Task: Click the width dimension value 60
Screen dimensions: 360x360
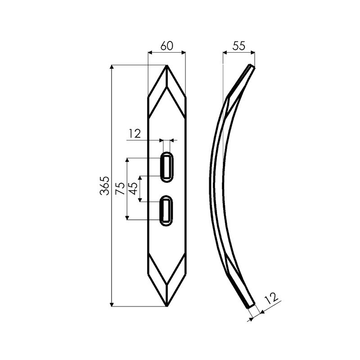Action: click(x=166, y=46)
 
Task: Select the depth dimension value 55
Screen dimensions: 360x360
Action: click(x=239, y=46)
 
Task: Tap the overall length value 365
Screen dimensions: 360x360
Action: click(x=104, y=185)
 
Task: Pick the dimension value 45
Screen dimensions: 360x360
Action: click(x=133, y=189)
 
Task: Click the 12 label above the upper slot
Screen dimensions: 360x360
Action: click(x=135, y=133)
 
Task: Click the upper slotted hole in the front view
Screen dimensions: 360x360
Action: click(x=167, y=167)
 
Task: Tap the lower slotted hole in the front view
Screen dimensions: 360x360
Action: click(x=167, y=211)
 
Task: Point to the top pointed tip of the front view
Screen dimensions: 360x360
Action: click(x=167, y=66)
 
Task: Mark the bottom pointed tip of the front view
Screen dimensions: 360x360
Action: click(x=167, y=306)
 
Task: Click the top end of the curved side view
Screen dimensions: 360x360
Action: click(x=251, y=67)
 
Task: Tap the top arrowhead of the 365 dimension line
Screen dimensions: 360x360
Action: click(x=112, y=67)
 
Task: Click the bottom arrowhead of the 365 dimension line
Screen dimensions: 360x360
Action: click(x=112, y=305)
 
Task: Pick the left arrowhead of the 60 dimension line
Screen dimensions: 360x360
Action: click(x=150, y=53)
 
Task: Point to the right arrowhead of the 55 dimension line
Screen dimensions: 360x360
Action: click(x=253, y=53)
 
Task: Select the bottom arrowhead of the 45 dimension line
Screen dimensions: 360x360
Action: click(x=140, y=199)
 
